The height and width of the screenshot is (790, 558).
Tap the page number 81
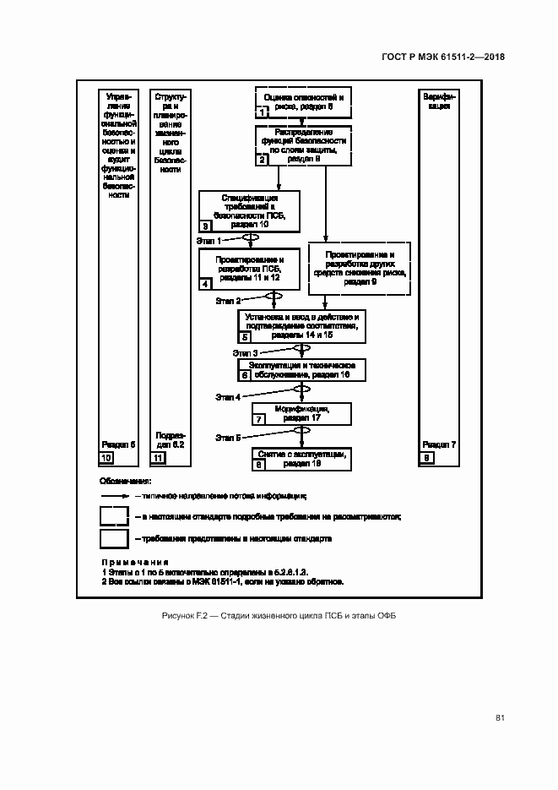[500, 718]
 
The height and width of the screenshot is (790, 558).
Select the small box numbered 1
[263, 112]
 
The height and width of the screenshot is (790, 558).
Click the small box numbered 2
[263, 159]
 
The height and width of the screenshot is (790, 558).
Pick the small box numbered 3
[205, 226]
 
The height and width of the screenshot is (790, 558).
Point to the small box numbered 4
[205, 285]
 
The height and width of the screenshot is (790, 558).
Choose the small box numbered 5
[245, 336]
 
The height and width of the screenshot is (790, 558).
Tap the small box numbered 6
[245, 374]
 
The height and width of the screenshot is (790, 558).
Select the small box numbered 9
[427, 458]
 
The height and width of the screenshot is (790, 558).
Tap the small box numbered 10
[106, 458]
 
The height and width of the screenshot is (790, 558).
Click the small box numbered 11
[158, 458]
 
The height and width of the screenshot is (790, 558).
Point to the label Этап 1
[209, 241]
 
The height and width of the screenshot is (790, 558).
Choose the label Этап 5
[228, 437]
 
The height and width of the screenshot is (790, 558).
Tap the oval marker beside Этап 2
[274, 296]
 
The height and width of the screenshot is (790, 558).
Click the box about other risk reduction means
[360, 268]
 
